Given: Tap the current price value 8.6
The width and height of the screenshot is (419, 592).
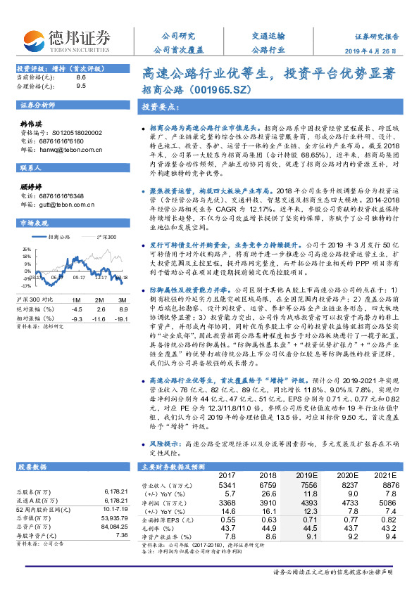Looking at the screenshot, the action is point(80,77).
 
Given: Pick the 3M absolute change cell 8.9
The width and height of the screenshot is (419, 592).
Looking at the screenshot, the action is point(123,289).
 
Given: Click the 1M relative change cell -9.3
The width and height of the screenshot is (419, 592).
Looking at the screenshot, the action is point(77,298).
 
